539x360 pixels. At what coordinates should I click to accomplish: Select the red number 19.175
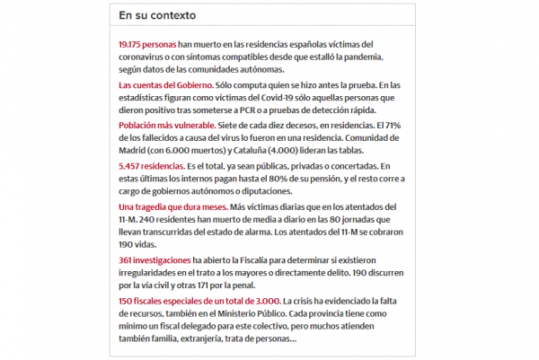click(132, 43)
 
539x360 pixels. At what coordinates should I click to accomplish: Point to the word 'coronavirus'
click(146, 57)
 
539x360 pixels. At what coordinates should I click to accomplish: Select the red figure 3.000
click(261, 301)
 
